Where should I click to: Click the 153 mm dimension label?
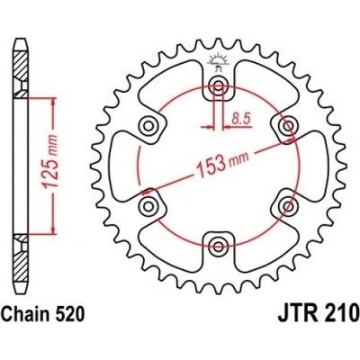point(221,165)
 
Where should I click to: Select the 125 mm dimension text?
point(50,162)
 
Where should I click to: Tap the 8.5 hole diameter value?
point(241,120)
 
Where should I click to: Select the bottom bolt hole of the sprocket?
point(218,247)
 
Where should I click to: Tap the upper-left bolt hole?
point(148,125)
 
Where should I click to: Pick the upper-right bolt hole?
point(289,125)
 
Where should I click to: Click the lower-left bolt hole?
point(148,206)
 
